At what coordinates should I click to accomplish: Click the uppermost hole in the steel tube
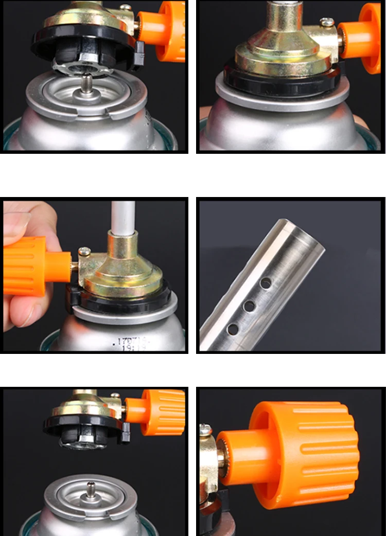pos(266,282)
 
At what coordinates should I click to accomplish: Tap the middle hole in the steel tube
pos(250,306)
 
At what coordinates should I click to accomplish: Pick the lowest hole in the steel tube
pos(233,328)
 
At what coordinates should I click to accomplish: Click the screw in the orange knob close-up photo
pos(206,428)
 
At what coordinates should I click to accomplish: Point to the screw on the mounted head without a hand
pos(327,22)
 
